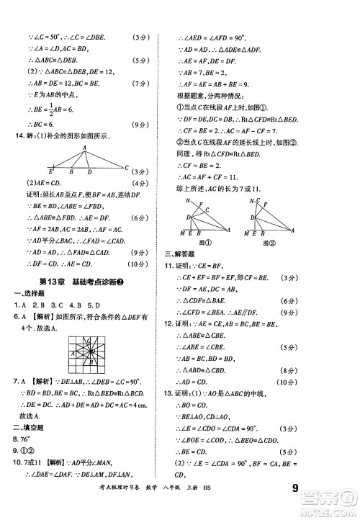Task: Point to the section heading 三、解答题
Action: coord(181,254)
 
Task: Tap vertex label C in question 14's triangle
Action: coord(127,168)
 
